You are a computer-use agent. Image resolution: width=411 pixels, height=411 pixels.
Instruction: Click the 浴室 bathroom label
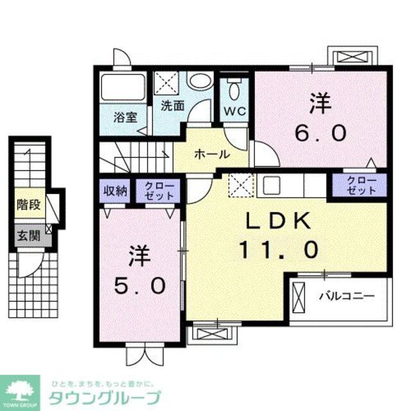126,118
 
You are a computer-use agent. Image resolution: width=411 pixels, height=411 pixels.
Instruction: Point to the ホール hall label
210,155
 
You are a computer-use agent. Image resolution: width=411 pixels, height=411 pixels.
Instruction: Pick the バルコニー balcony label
347,297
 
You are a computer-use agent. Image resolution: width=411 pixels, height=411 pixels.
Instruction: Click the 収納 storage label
116,190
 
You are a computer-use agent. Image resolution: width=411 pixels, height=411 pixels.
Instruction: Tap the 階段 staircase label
29,206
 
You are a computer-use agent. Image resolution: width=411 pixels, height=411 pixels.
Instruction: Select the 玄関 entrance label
29,235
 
